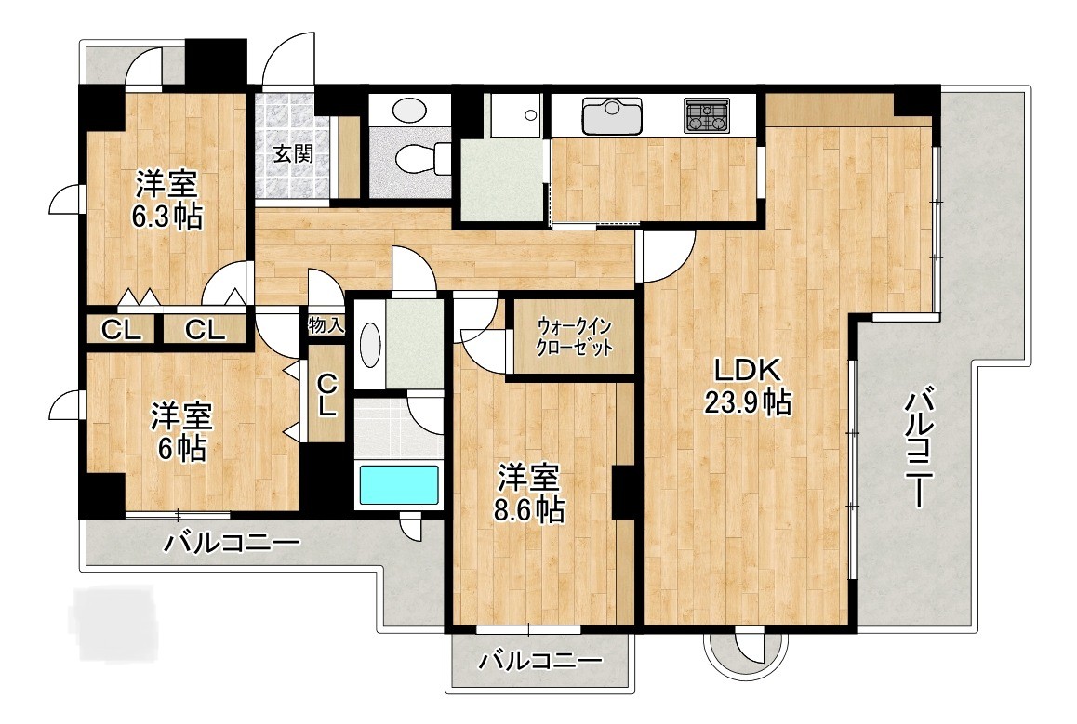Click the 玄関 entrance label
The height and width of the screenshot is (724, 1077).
coord(293,153)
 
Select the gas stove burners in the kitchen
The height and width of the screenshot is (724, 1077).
coord(707,115)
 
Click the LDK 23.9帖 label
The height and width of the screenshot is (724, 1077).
coord(747,387)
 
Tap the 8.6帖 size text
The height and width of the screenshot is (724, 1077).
coord(530,510)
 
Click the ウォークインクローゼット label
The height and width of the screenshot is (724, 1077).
coord(575,336)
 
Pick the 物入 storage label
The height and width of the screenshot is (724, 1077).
coord(326,324)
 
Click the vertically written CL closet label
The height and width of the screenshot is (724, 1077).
coord(326,394)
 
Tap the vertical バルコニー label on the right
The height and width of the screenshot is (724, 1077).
coord(918,448)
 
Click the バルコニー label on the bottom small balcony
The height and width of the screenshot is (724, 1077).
coord(540,662)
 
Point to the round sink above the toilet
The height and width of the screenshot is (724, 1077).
coord(408,110)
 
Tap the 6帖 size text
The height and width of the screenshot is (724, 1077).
coord(181,449)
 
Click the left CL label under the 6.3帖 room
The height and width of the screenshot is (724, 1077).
coord(122,330)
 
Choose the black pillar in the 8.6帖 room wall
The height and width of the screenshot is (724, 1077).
coord(623,492)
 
